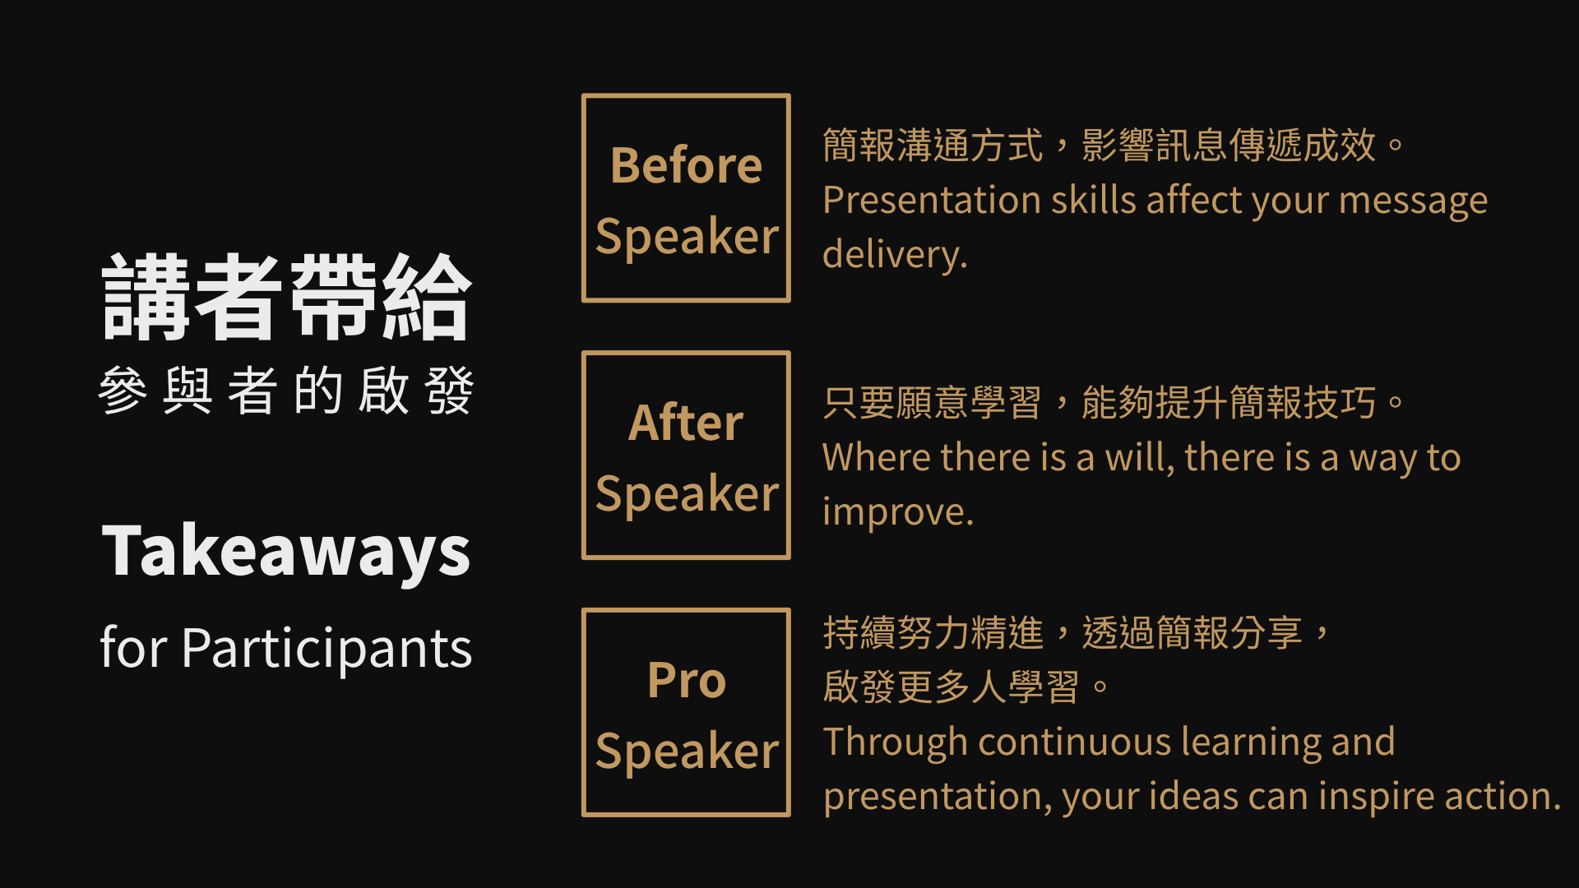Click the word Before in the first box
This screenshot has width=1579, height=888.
(686, 165)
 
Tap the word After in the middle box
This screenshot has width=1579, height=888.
(686, 423)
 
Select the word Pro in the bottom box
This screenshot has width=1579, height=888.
(687, 680)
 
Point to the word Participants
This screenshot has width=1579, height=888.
(327, 649)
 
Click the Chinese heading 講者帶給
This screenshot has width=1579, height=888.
(286, 297)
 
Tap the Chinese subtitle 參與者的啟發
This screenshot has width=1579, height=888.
(286, 391)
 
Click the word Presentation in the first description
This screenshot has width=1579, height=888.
(932, 201)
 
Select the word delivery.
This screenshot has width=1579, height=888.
(895, 254)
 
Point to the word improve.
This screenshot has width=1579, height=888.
(898, 512)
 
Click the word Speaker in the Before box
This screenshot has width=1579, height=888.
(687, 238)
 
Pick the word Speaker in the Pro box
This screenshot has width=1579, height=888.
(687, 752)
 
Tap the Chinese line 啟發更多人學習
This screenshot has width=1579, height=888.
(951, 687)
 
